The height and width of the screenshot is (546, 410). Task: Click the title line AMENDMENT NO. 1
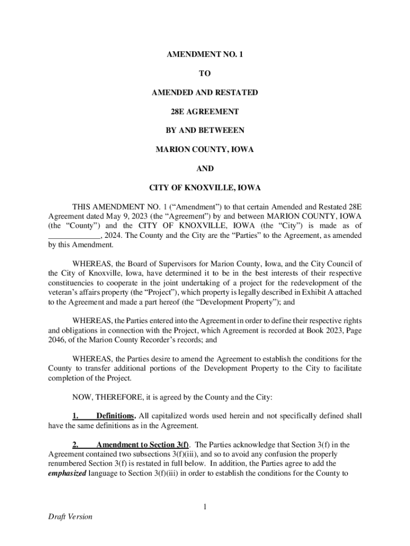(204, 55)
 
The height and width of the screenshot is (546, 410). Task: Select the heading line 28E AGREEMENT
(204, 111)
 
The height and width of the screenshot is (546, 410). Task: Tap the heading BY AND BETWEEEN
(204, 131)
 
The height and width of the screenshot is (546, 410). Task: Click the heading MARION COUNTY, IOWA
(204, 150)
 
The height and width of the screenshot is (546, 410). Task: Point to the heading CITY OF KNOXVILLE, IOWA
(204, 188)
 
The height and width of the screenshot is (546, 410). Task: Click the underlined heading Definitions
(115, 416)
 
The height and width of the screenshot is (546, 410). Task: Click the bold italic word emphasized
(67, 463)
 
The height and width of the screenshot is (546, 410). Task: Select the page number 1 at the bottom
(204, 507)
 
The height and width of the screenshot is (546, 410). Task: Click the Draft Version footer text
(69, 517)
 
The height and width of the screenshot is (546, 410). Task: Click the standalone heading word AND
(204, 168)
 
